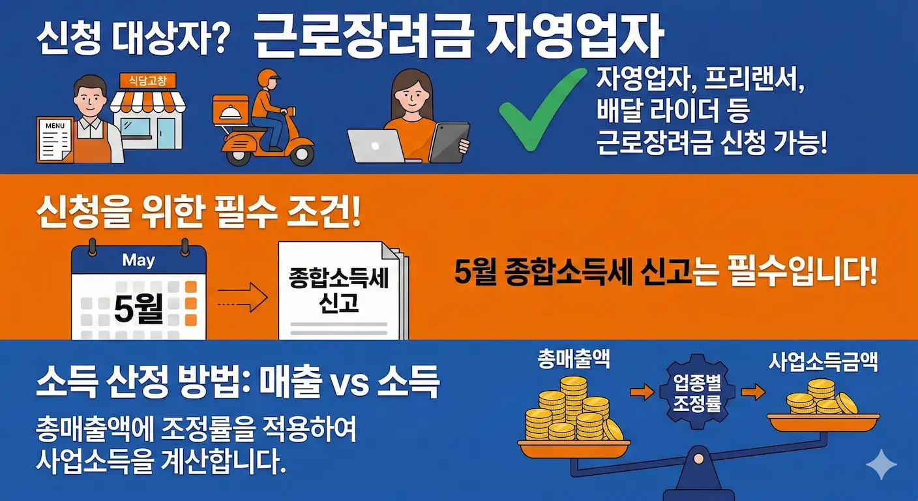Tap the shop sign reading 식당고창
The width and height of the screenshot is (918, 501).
pyautogui.click(x=147, y=80)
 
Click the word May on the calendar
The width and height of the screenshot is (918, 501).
pyautogui.click(x=138, y=260)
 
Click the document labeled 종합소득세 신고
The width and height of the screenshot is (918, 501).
pyautogui.click(x=338, y=290)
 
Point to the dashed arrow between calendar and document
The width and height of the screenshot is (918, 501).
pyautogui.click(x=241, y=302)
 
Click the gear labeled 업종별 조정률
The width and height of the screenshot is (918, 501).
pyautogui.click(x=696, y=391)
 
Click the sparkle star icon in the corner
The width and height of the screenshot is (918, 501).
pyautogui.click(x=881, y=464)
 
